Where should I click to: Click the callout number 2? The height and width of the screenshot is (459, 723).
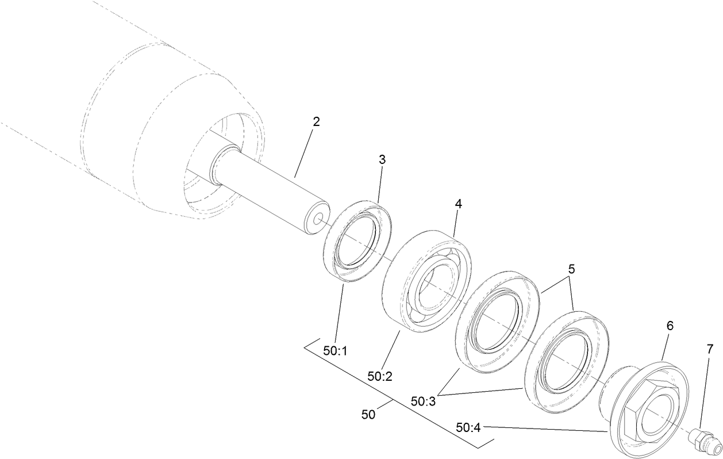tap(316, 122)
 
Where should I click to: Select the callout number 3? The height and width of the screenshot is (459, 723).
tap(382, 160)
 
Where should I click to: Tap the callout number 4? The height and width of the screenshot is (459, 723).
tap(458, 204)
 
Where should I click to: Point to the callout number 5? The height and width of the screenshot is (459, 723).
tap(571, 269)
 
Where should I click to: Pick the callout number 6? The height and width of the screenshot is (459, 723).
tap(670, 326)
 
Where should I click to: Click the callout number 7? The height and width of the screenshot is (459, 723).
tap(709, 349)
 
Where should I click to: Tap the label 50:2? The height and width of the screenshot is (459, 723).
tap(380, 376)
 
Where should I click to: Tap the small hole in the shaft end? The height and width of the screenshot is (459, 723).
tap(317, 220)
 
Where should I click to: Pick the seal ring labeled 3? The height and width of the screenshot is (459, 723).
tap(357, 241)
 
